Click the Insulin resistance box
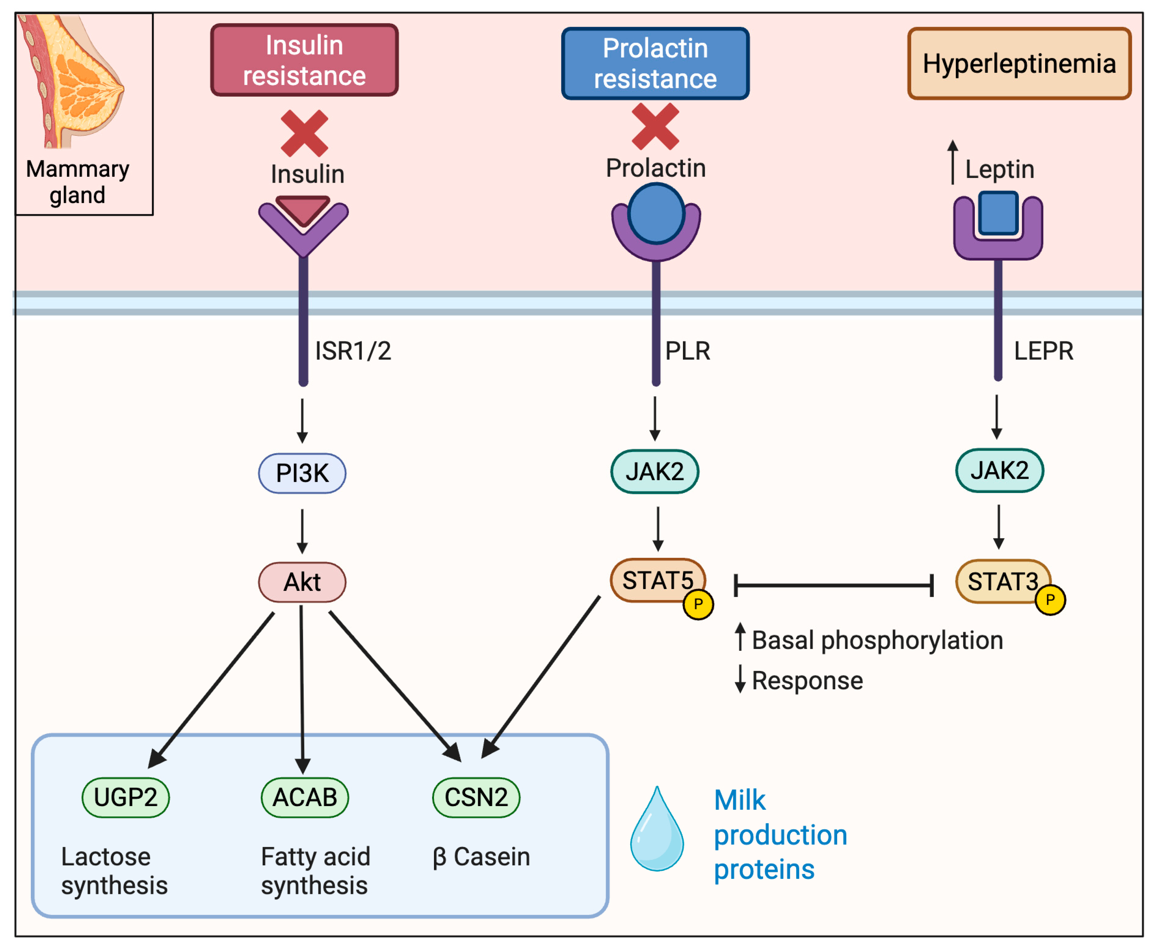304,60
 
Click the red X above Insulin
304,133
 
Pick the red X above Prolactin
655,127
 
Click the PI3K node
302,473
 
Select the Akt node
302,582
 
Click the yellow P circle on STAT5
698,605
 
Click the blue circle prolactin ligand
656,214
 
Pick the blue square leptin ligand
998,213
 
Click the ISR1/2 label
353,351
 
